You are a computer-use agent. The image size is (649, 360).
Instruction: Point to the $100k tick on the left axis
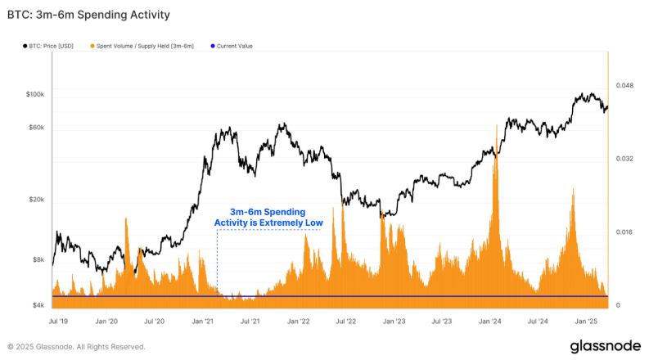[x=35, y=95]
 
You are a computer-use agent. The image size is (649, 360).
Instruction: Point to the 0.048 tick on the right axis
[x=624, y=85]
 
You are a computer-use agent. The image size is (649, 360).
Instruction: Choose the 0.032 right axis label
[x=624, y=159]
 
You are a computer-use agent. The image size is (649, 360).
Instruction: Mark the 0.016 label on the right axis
[x=624, y=232]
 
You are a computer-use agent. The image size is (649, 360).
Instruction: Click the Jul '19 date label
[x=59, y=322]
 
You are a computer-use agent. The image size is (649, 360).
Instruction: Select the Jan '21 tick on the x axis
[x=203, y=322]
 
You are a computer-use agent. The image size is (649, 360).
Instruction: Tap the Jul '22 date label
[x=346, y=322]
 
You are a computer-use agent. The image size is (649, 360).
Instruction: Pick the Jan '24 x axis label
[x=490, y=322]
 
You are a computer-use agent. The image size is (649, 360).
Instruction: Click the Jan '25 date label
[x=586, y=322]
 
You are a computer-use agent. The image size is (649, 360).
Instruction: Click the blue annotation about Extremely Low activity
[x=268, y=217]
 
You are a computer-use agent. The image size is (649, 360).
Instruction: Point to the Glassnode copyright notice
[x=76, y=346]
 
